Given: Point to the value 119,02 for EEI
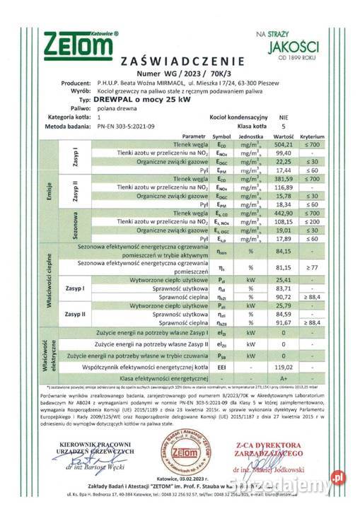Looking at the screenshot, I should point(283,367).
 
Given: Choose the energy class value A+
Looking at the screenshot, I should point(283,379).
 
